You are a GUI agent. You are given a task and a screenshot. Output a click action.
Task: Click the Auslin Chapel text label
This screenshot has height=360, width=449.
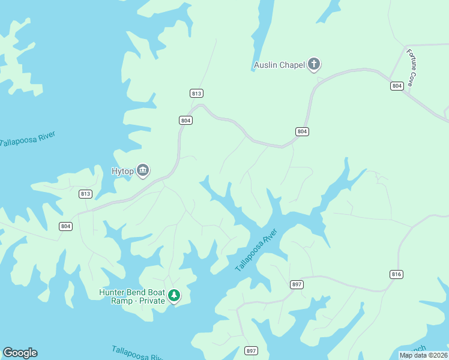(x=279, y=65)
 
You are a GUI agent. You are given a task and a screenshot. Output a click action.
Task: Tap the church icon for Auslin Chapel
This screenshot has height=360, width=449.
(x=313, y=64)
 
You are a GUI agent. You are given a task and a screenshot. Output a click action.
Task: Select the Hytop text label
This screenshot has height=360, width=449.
(x=122, y=171)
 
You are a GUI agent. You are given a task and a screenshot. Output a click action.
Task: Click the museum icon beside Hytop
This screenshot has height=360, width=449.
(x=143, y=171)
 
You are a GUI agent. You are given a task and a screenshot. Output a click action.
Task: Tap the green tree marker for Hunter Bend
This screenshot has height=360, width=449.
(x=174, y=295)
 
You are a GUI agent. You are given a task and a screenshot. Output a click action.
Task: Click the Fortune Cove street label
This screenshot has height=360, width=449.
(x=412, y=67)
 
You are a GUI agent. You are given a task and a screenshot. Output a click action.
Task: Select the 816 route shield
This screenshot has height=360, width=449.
(x=396, y=274)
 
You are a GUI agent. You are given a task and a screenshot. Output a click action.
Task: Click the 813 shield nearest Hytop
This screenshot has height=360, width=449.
(x=85, y=194)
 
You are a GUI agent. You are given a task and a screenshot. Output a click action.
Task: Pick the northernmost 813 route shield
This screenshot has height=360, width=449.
(x=196, y=93)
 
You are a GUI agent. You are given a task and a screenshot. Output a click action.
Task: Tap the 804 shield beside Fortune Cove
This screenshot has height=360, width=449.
(x=396, y=86)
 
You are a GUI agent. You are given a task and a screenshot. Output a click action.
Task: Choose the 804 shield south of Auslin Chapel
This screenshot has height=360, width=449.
(x=302, y=131)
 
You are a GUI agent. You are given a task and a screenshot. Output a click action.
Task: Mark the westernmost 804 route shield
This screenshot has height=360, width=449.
(x=65, y=226)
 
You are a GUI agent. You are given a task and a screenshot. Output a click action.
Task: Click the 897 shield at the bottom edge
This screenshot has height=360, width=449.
(x=252, y=350)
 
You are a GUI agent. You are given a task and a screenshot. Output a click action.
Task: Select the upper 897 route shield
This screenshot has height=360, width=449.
(x=297, y=284)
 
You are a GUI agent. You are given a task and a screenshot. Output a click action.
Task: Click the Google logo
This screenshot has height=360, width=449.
(x=20, y=353)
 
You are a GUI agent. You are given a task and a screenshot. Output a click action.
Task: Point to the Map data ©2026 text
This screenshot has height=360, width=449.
(x=424, y=355)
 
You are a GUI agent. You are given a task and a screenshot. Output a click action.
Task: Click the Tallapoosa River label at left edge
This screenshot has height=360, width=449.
(x=28, y=139)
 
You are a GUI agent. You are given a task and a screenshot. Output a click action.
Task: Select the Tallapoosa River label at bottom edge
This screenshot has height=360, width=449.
(x=137, y=353)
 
